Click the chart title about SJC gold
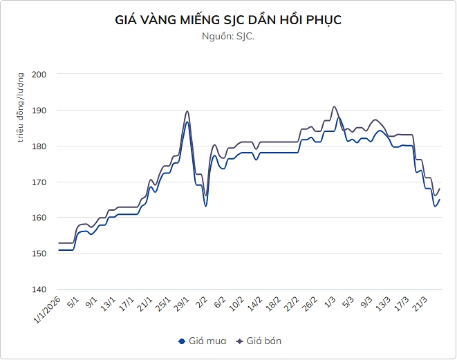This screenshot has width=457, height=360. pyautogui.click(x=228, y=20)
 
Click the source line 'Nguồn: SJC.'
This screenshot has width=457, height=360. pyautogui.click(x=228, y=37)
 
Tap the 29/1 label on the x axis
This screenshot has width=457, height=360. pyautogui.click(x=182, y=305)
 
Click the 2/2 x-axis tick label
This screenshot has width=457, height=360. pyautogui.click(x=202, y=303)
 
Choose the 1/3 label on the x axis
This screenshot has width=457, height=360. pyautogui.click(x=331, y=303)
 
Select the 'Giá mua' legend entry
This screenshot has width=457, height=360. pyautogui.click(x=200, y=341)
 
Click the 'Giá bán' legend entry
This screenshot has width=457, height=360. pyautogui.click(x=259, y=341)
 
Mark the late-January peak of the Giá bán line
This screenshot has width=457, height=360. pyautogui.click(x=187, y=111)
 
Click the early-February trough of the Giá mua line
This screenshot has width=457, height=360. pyautogui.click(x=205, y=206)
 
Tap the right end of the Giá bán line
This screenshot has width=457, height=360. pyautogui.click(x=440, y=189)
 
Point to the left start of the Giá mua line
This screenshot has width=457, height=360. pyautogui.click(x=59, y=250)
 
